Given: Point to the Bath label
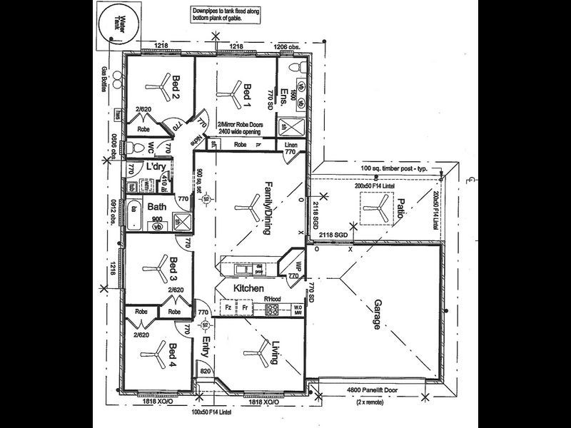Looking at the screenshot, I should (x=158, y=208).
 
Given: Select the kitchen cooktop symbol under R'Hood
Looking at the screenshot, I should (x=272, y=310).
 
